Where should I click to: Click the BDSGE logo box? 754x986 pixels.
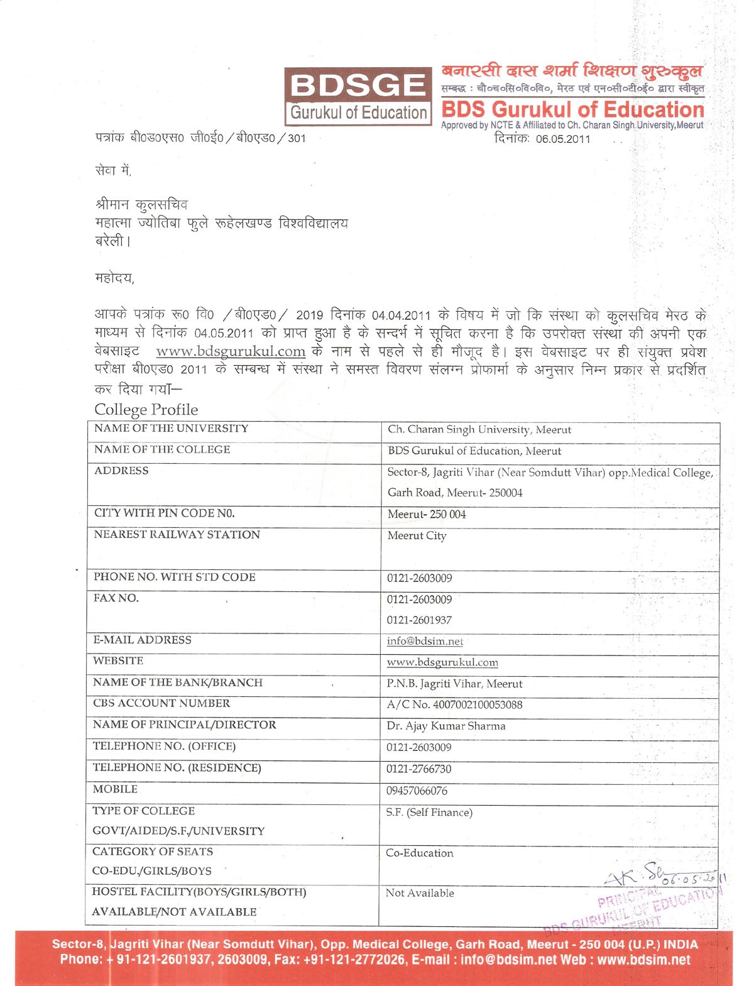pyautogui.click(x=358, y=96)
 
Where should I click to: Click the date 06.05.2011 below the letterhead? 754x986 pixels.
pyautogui.click(x=563, y=139)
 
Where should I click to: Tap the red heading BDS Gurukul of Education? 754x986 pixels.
pyautogui.click(x=572, y=109)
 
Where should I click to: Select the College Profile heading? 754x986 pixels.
pyautogui.click(x=146, y=410)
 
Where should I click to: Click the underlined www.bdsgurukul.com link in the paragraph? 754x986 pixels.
pyautogui.click(x=231, y=351)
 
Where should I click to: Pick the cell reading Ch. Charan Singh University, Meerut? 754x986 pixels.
pyautogui.click(x=479, y=430)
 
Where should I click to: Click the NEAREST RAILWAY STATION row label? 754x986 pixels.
pyautogui.click(x=177, y=535)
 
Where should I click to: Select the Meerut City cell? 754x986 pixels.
pyautogui.click(x=417, y=536)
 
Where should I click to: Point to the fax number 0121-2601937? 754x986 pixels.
pyautogui.click(x=419, y=620)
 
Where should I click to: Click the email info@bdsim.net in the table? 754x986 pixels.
pyautogui.click(x=425, y=642)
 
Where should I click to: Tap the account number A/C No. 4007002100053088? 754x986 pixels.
pyautogui.click(x=454, y=705)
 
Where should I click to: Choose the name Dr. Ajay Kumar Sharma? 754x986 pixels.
pyautogui.click(x=446, y=726)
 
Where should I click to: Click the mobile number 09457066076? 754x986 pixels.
pyautogui.click(x=417, y=791)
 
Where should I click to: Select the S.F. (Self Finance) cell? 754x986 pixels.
pyautogui.click(x=429, y=813)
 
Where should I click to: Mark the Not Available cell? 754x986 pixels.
pyautogui.click(x=420, y=893)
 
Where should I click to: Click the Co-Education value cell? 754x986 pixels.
pyautogui.click(x=419, y=853)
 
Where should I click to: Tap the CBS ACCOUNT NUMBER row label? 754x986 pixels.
pyautogui.click(x=161, y=703)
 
